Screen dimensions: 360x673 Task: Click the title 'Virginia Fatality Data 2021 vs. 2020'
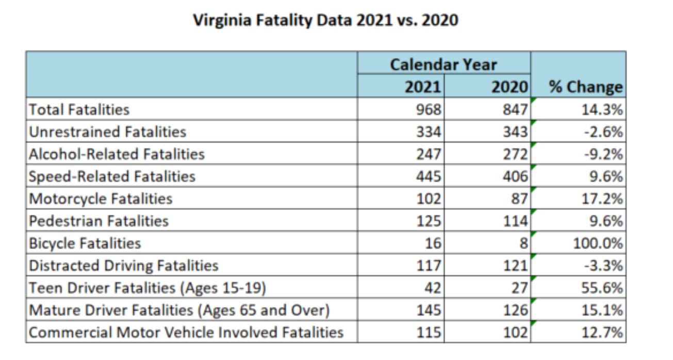(325, 21)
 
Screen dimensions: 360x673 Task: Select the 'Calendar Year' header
(443, 64)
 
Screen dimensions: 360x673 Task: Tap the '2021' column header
(423, 87)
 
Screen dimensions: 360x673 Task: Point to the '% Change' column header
(585, 87)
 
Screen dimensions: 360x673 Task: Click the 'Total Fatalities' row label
(79, 109)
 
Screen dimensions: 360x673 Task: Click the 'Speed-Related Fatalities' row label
(112, 176)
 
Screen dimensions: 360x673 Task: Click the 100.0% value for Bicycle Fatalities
(598, 243)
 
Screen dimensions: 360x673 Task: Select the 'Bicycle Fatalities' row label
(85, 243)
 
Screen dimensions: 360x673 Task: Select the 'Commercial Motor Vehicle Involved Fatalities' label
(186, 332)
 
